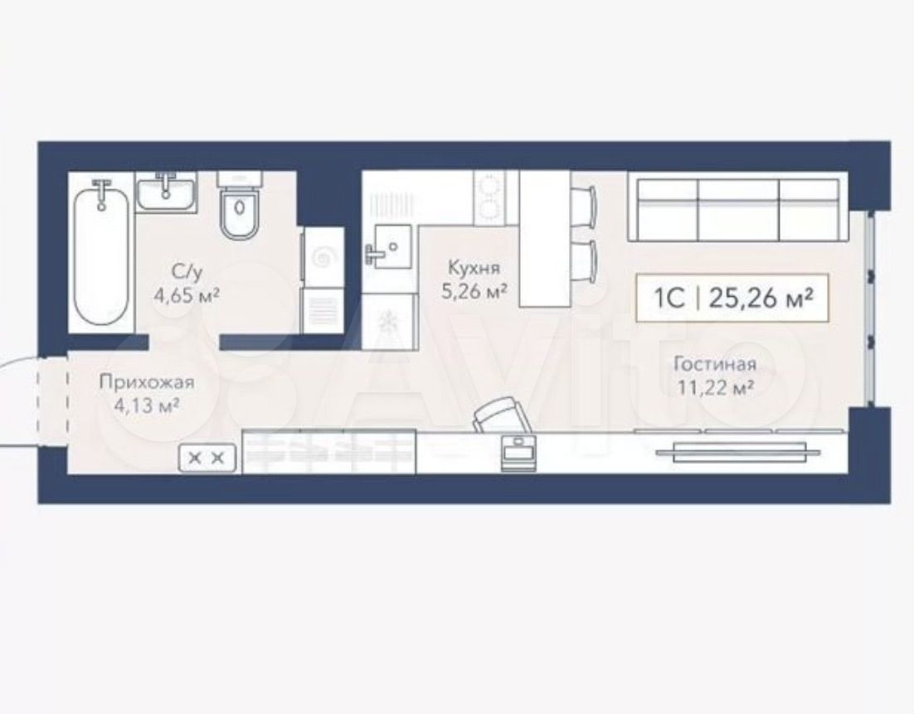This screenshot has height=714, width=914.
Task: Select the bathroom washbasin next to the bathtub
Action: pyautogui.click(x=167, y=192)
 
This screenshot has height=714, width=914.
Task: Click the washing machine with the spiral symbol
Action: pyautogui.click(x=322, y=256)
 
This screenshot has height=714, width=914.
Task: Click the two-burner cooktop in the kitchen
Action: pyautogui.click(x=489, y=197)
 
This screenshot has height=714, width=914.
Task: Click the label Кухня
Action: pyautogui.click(x=474, y=268)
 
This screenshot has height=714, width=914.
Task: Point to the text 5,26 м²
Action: pyautogui.click(x=474, y=290)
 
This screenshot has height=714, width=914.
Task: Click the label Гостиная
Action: pyautogui.click(x=715, y=364)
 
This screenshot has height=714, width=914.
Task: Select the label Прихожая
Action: pyautogui.click(x=146, y=383)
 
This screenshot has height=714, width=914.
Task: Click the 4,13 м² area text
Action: pyautogui.click(x=145, y=405)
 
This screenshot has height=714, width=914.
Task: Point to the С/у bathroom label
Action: pyautogui.click(x=186, y=272)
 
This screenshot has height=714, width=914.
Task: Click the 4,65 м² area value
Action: pyautogui.click(x=186, y=295)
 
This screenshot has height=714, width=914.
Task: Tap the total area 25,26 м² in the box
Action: pyautogui.click(x=761, y=298)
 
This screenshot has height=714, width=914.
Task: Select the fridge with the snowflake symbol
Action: pyautogui.click(x=388, y=321)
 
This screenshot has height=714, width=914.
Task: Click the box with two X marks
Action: pyautogui.click(x=207, y=458)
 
